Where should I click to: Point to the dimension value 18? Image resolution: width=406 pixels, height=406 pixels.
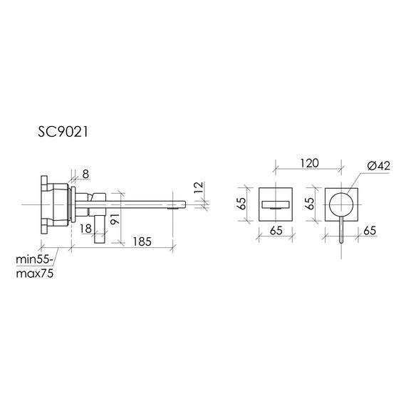pos(85,229)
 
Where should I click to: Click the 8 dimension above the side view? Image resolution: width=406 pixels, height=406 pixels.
pos(85,173)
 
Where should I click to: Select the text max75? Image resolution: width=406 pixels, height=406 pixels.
pos(35,274)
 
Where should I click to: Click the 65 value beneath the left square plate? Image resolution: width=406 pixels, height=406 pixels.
pos(276,231)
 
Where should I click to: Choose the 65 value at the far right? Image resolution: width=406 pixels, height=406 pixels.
pos(370,231)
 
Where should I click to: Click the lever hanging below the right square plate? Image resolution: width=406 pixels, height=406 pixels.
pos(343,229)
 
